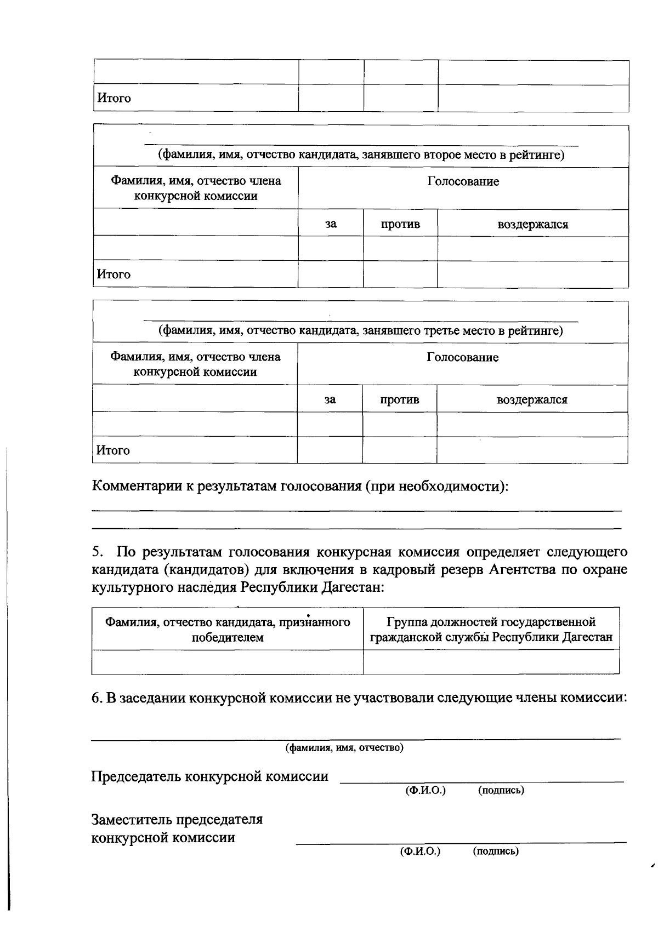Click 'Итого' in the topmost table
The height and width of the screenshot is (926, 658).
click(x=114, y=99)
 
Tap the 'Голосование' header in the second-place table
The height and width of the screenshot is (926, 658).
click(x=463, y=181)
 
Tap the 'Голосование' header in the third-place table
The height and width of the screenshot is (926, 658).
click(x=463, y=358)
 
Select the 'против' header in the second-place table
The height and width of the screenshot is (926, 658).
click(x=400, y=224)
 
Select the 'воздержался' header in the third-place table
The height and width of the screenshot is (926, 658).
click(x=532, y=400)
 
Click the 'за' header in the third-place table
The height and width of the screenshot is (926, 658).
click(x=330, y=400)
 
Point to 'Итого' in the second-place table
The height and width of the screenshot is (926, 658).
click(x=114, y=275)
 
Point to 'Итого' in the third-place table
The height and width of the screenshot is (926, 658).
click(x=113, y=450)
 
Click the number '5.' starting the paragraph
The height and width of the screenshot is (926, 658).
click(x=97, y=552)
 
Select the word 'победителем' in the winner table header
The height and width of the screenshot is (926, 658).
click(x=228, y=638)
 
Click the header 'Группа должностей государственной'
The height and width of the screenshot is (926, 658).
click(x=491, y=622)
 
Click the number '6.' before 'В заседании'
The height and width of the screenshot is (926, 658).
click(x=97, y=698)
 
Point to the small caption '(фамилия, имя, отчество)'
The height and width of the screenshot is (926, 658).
click(x=344, y=748)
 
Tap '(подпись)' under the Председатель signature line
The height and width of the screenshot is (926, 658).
click(x=501, y=790)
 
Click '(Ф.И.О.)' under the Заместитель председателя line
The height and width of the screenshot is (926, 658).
click(x=421, y=851)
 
